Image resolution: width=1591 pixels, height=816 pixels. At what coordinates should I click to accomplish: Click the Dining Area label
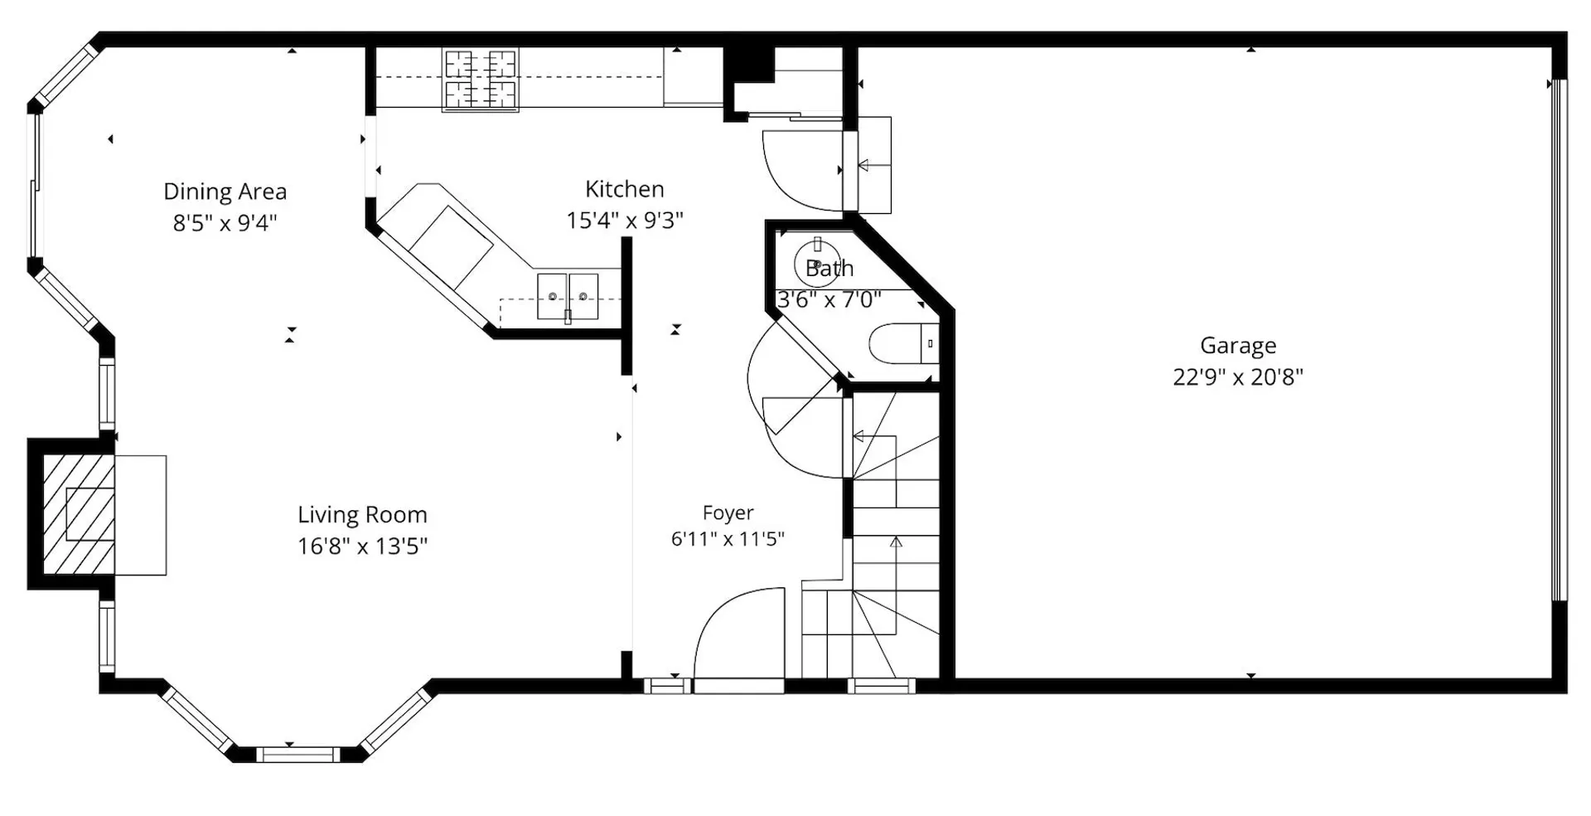(225, 192)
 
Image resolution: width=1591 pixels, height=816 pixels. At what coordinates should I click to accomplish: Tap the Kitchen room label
(625, 189)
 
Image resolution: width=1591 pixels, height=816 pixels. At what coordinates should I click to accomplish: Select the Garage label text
(1238, 346)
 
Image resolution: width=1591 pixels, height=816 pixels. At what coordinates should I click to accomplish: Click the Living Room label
(363, 515)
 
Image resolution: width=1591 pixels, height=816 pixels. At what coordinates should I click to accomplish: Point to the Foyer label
(728, 513)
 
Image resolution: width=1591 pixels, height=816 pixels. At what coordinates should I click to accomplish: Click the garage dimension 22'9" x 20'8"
(1238, 377)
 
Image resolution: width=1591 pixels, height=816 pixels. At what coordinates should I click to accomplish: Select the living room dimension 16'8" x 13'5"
(363, 546)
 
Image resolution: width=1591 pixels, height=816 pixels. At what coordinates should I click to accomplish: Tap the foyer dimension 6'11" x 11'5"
(728, 539)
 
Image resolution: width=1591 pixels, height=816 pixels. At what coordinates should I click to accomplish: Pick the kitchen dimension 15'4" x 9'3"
(625, 221)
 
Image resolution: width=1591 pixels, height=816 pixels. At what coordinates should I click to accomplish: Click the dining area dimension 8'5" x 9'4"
(225, 223)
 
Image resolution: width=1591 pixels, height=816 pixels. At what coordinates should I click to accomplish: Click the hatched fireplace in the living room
(79, 514)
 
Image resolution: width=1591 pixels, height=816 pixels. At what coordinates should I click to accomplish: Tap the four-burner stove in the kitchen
(481, 80)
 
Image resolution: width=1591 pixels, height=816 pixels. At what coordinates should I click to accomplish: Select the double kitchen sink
(568, 296)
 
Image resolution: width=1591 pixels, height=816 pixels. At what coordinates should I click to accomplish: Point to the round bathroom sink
(817, 265)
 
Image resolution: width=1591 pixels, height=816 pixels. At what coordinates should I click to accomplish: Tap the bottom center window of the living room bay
(297, 755)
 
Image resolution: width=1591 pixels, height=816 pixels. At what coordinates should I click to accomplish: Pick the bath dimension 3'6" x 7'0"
(829, 299)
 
